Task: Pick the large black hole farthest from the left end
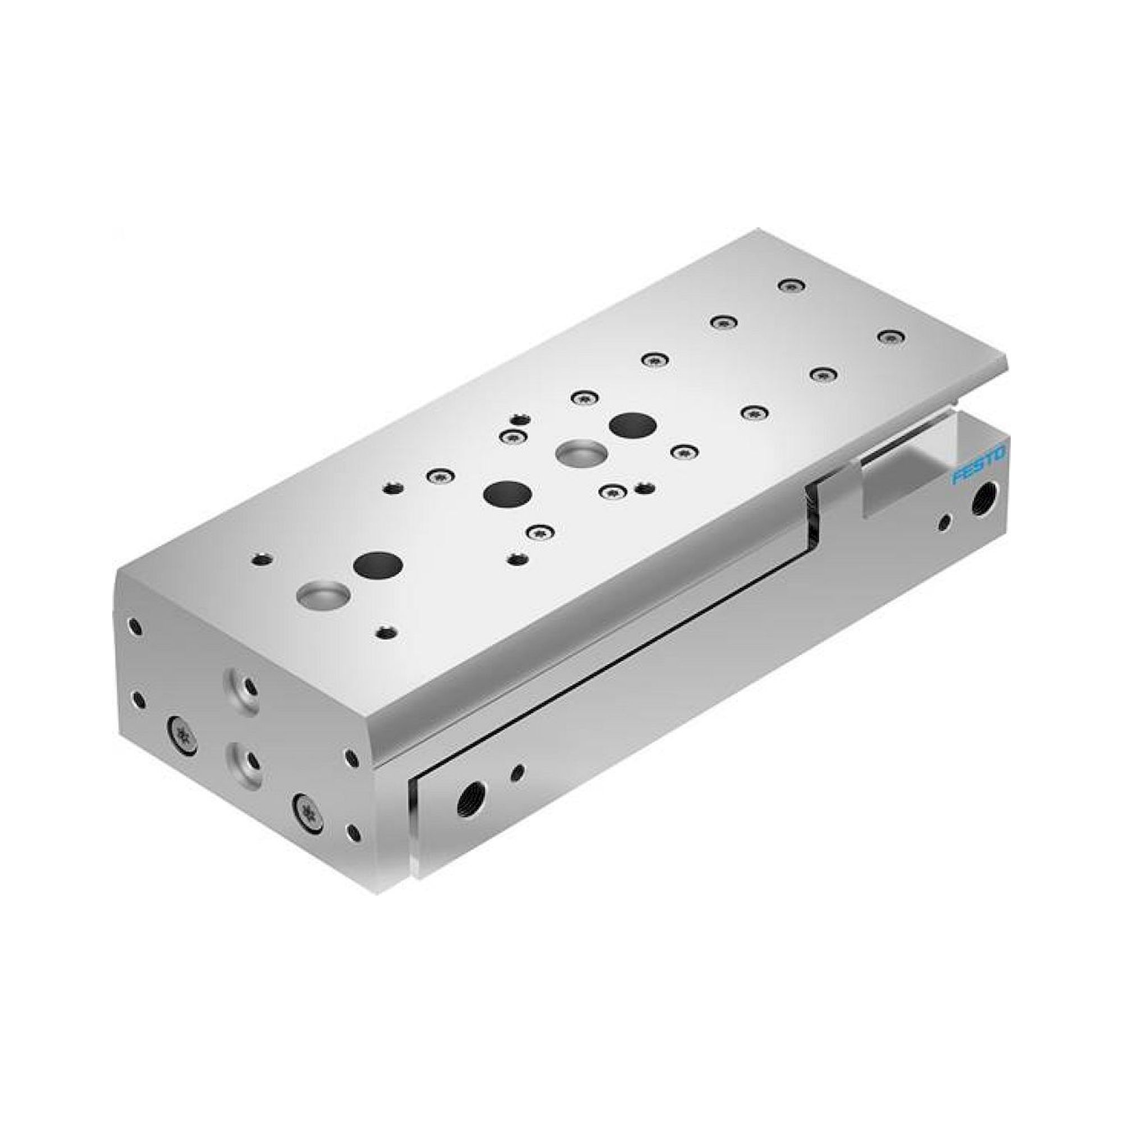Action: [x=633, y=425]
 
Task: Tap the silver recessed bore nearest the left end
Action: [x=323, y=595]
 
